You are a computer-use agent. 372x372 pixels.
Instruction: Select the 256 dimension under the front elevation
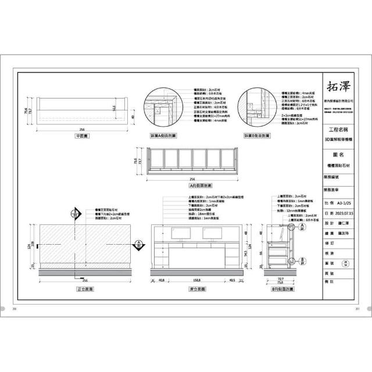[x=85, y=280]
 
